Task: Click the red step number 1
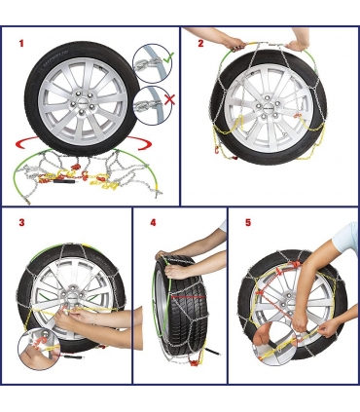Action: click(x=21, y=43)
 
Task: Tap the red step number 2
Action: click(x=200, y=44)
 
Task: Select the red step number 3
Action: click(x=21, y=223)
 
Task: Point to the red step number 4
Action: click(x=153, y=222)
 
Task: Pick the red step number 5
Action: click(x=248, y=222)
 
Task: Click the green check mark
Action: click(x=168, y=58)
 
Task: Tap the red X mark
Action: click(x=169, y=99)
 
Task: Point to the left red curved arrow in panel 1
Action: click(x=27, y=144)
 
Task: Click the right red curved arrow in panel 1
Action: click(x=139, y=143)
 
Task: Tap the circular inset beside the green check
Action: click(x=152, y=63)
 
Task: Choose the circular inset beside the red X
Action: click(x=152, y=104)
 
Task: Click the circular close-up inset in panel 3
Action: click(x=39, y=349)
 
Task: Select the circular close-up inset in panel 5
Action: click(x=275, y=344)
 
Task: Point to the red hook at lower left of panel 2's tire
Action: click(x=215, y=150)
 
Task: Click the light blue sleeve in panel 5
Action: click(x=346, y=238)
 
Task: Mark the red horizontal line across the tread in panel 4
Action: click(x=188, y=296)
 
